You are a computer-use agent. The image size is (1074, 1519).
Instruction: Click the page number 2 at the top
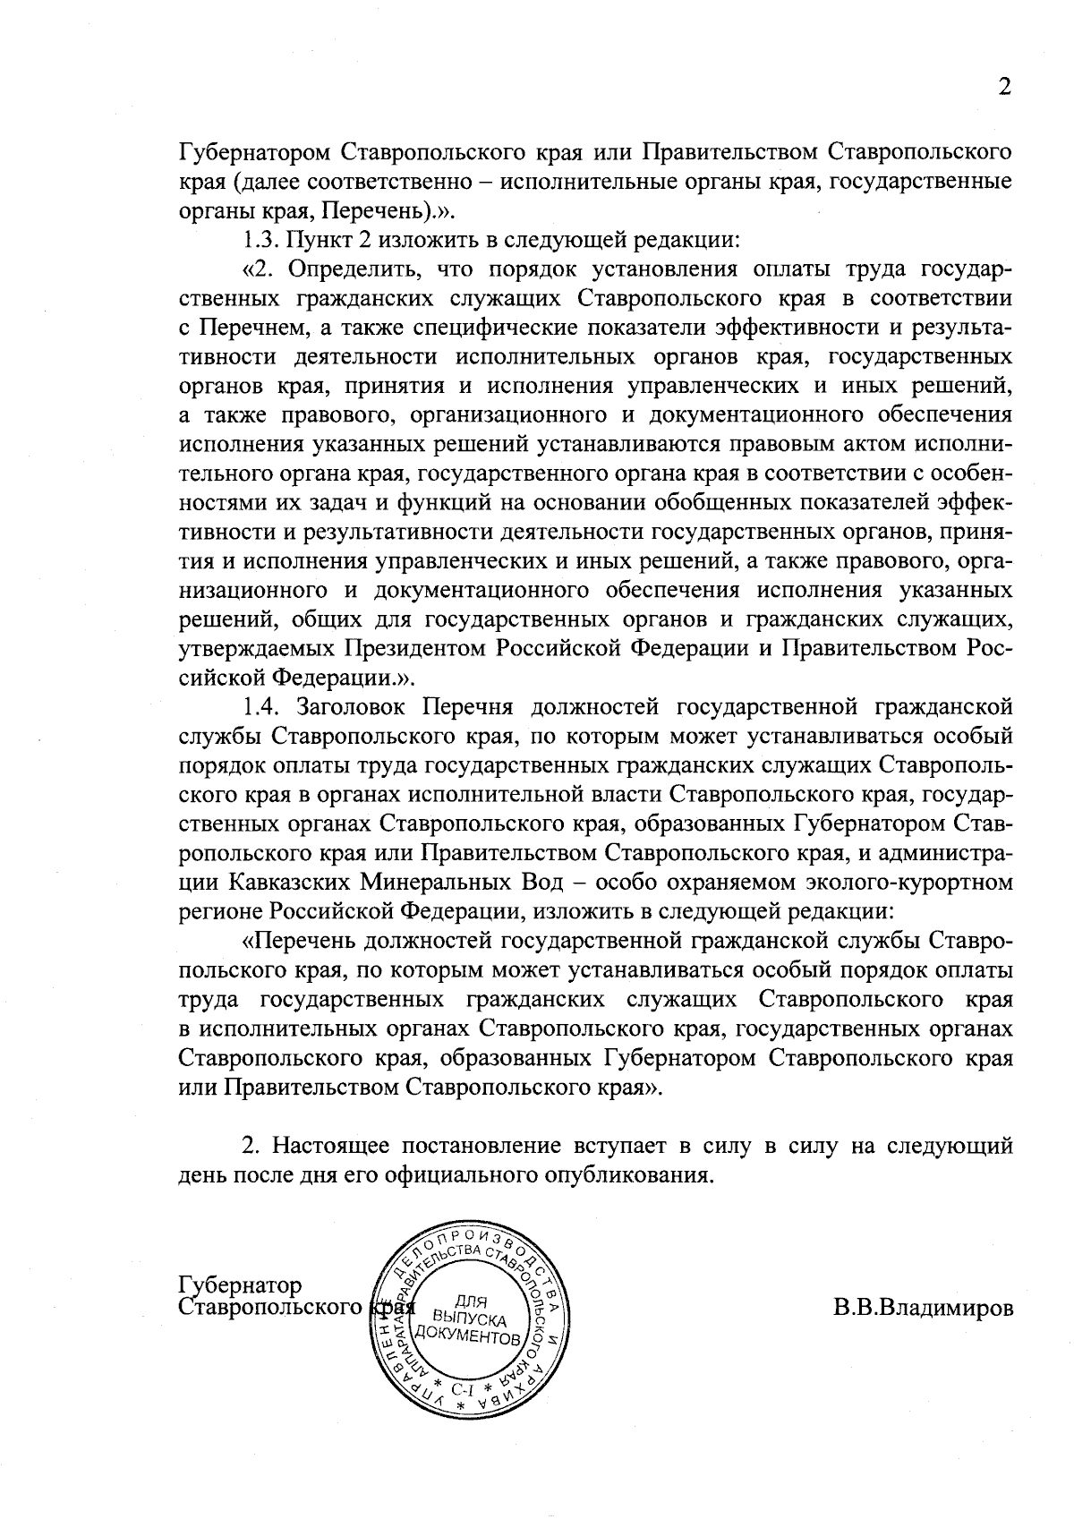(x=1004, y=87)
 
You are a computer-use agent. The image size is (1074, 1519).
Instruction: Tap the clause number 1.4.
(x=263, y=706)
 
